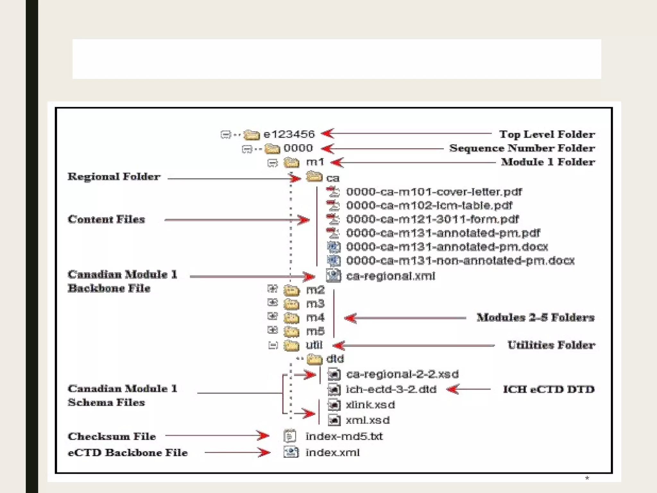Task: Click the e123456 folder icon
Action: pos(252,135)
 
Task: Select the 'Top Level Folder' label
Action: pos(547,134)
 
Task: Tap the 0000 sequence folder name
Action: pos(298,148)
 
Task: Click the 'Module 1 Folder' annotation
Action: pos(548,162)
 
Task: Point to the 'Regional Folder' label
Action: pos(114,177)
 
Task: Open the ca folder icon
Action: pos(314,177)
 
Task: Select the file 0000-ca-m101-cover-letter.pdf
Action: pos(434,192)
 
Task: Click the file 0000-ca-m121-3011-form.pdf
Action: pos(432,219)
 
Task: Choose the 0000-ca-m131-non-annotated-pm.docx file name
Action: pos(460,261)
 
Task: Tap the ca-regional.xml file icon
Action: pos(333,276)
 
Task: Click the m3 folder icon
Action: pos(291,304)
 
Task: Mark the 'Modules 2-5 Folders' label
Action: pos(535,317)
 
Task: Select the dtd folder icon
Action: pos(314,359)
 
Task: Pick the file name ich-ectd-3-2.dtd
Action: pos(391,389)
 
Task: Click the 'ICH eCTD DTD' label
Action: pos(549,389)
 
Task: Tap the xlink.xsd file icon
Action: pos(334,405)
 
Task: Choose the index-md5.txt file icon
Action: pos(290,436)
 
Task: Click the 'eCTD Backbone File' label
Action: pos(128,453)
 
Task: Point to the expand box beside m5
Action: pos(272,330)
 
